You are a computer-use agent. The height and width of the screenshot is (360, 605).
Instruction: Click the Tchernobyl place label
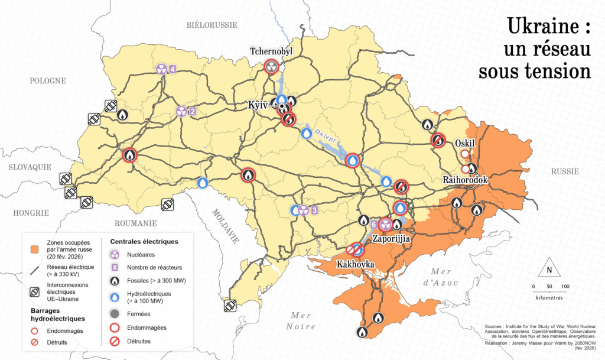[x=271, y=51]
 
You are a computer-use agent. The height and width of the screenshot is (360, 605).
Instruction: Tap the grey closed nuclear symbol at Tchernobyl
[x=272, y=66]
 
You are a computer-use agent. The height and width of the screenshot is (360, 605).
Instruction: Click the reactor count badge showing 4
[x=173, y=69]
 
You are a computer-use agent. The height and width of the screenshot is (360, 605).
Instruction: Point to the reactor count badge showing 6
[x=373, y=225]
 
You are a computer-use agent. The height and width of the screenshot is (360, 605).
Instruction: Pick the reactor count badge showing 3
[x=314, y=210]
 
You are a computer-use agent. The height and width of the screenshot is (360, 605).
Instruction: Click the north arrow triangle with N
[x=549, y=269]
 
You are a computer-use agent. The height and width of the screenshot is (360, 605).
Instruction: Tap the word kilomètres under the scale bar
[x=549, y=297]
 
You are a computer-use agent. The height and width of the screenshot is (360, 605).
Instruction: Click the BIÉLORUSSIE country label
[x=212, y=25]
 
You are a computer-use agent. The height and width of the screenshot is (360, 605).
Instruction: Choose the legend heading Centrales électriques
[x=144, y=242]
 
